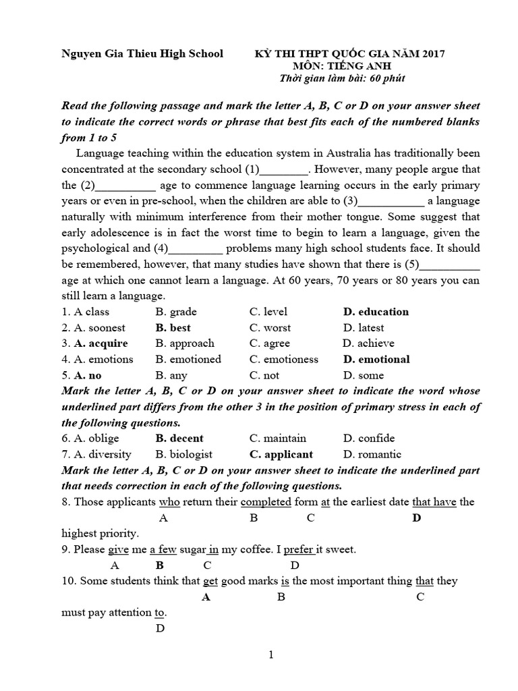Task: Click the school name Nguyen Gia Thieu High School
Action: (142, 54)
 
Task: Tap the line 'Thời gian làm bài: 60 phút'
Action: (342, 78)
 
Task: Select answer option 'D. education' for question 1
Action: (376, 312)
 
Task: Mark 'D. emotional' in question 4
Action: (376, 360)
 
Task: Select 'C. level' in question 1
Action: (268, 312)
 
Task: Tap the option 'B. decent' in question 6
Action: (179, 439)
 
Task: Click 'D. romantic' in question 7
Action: (372, 454)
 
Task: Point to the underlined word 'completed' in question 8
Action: (266, 502)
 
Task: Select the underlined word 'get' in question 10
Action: (210, 581)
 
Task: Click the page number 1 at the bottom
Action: (270, 655)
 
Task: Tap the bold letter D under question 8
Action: (416, 518)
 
